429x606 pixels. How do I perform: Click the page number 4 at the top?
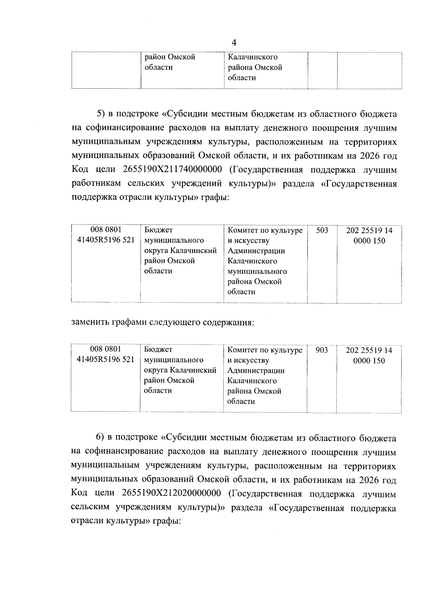234,43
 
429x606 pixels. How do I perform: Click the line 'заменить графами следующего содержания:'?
163,322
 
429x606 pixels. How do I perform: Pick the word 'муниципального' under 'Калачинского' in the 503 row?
257,271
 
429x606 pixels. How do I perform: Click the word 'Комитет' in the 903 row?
241,350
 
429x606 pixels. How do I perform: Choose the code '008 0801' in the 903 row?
105,349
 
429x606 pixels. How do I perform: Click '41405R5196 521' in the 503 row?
106,240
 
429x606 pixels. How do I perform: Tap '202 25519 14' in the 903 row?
369,350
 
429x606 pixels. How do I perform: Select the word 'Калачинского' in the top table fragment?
253,57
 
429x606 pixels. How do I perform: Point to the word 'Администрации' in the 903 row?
256,370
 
